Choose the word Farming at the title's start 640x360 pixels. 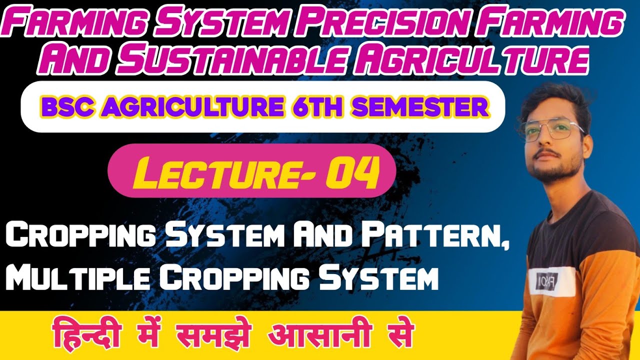(x=64, y=24)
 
